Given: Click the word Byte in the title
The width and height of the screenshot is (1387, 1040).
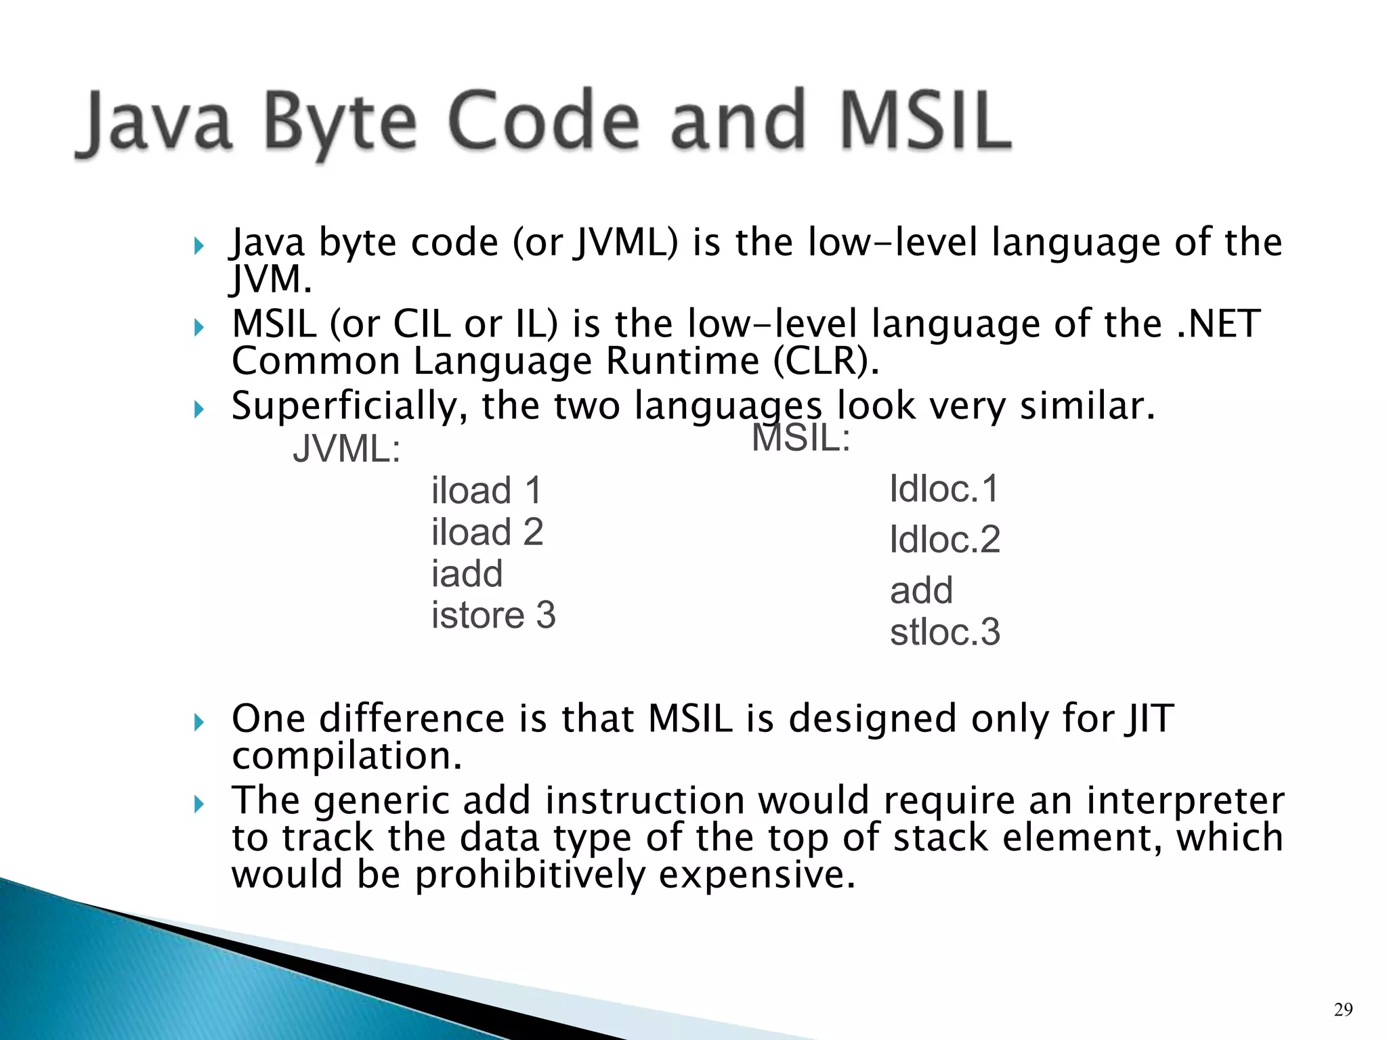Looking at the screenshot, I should (339, 125).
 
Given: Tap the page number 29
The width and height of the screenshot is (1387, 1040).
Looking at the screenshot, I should (1343, 1010).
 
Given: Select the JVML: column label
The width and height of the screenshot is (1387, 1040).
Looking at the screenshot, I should (346, 449).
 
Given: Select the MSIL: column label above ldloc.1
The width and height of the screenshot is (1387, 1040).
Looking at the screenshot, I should (801, 437).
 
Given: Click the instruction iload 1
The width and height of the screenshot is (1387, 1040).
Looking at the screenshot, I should (486, 490).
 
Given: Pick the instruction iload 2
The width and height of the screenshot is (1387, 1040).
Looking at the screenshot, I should (487, 532).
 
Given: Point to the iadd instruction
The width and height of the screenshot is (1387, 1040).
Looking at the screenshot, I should (467, 574).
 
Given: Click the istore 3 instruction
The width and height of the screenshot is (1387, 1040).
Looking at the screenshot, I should (493, 615).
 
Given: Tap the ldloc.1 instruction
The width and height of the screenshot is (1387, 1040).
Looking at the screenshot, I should (944, 488).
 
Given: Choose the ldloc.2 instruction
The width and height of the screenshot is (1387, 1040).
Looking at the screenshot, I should (945, 540).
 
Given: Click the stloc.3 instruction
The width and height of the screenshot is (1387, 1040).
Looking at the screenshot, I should (945, 632).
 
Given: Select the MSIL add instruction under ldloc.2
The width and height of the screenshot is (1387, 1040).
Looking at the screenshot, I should (921, 590).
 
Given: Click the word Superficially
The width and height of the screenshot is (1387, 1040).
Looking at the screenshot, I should (349, 406).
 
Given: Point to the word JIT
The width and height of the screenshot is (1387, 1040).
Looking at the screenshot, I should (1149, 718).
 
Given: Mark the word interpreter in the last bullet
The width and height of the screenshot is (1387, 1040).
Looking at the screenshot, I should (1185, 800).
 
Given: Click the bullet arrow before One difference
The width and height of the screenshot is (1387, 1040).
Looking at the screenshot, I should (198, 722).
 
